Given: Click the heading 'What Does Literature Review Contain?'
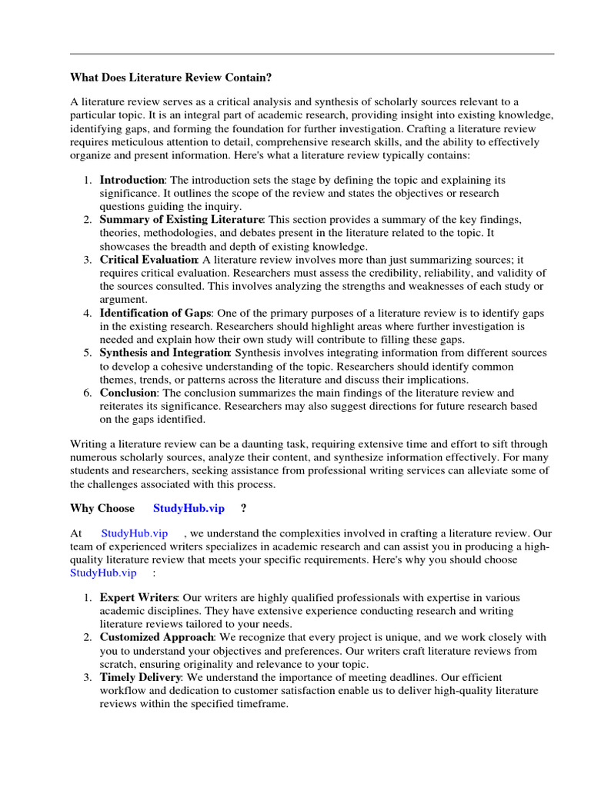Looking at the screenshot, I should tap(171, 77).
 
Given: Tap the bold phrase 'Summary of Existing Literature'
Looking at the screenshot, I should tap(182, 220).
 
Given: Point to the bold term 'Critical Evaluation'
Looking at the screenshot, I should tap(149, 260).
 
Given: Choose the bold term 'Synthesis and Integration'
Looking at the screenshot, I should tap(165, 353).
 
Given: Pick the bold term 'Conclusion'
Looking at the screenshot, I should tap(128, 393).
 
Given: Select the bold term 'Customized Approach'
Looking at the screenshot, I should tap(156, 637).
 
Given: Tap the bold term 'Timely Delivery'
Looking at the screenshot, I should tap(141, 677).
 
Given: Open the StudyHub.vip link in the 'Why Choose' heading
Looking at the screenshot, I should tap(189, 509).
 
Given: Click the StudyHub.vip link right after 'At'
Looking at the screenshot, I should tap(135, 533).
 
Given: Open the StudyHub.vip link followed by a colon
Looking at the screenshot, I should tap(103, 573).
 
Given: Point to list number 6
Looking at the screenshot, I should tap(87, 393).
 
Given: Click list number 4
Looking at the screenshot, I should tap(87, 313).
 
